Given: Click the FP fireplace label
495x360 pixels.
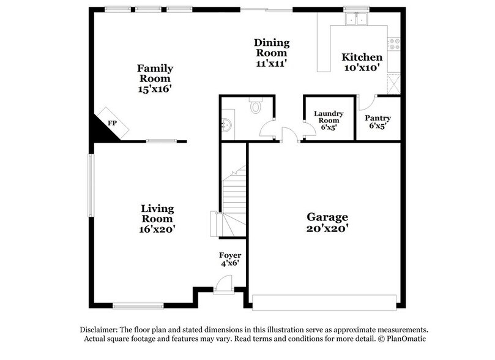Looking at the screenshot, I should coord(112,124).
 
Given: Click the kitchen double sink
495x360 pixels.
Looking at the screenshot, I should coord(355,19).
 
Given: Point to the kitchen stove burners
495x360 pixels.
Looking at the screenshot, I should coord(394,43).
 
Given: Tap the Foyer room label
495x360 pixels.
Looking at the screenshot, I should coord(230,255).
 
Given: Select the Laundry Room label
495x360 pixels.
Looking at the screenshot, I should coord(329,117).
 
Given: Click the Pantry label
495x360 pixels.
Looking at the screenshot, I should coord(378,118).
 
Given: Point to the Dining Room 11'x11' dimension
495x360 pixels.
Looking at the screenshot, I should coord(272,62).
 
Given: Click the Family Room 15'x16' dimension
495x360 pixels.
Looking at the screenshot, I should coord(155,88).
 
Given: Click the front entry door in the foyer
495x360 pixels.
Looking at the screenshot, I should coord(224,285).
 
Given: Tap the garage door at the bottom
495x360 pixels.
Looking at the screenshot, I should coord(324,302).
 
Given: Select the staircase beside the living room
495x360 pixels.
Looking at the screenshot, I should coord(234,199).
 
